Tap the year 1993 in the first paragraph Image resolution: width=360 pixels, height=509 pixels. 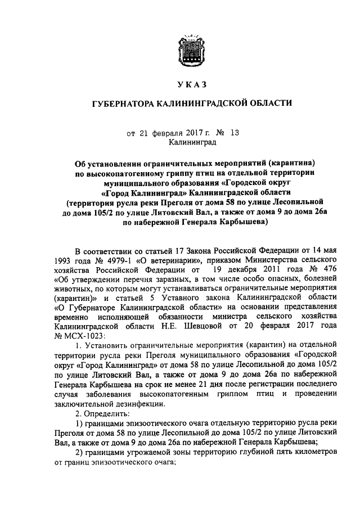tap(65, 261)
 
